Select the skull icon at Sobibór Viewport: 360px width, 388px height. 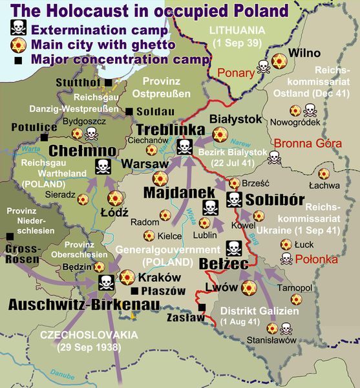click(233, 200)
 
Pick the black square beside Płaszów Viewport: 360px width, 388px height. click(136, 291)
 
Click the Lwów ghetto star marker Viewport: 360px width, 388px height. click(248, 288)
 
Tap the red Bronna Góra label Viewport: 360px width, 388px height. click(299, 143)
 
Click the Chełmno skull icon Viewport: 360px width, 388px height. click(103, 167)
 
